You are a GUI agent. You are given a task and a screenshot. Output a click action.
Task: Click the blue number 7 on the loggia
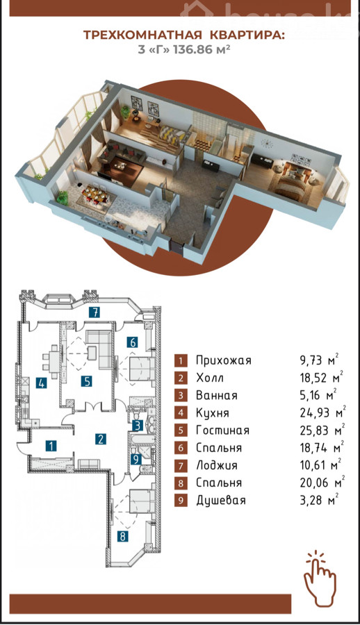pos(95,312)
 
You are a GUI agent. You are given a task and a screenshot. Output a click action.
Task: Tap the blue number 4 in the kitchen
pos(41,383)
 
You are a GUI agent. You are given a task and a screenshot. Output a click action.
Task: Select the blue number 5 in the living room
pos(88,381)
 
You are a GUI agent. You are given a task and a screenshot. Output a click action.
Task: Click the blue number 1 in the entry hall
pos(51,446)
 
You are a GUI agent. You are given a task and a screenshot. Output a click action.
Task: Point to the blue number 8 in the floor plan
pos(123,536)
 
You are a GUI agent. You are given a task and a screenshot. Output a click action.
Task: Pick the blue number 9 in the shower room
pos(136,460)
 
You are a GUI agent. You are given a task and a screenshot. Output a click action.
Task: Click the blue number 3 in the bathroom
pos(138,425)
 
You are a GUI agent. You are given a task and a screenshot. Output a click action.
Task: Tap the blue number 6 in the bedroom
pos(133,342)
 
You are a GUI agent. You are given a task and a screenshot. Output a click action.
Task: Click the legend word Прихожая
pos(224,360)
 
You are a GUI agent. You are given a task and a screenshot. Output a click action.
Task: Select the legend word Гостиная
pos(222,431)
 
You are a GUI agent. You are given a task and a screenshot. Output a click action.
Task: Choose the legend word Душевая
pos(221,501)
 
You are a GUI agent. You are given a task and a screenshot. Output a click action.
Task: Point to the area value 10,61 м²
pos(320,465)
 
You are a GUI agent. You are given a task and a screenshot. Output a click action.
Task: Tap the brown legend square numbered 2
pos(181,378)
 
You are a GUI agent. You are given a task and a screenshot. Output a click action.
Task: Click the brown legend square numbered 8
pos(181,483)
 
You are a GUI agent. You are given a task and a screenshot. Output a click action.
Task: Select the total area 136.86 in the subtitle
pos(189,51)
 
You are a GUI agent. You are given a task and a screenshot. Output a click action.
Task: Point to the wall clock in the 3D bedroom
pos(266,142)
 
